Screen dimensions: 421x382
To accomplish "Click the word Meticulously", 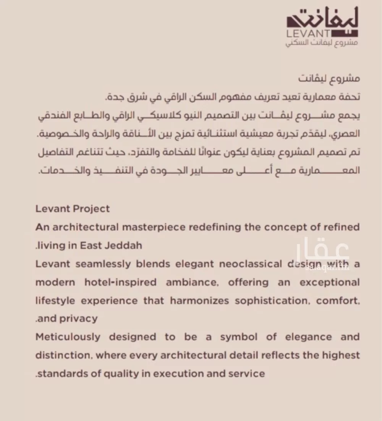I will click(x=68, y=337).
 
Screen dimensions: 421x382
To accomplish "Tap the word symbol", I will click(x=237, y=337).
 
